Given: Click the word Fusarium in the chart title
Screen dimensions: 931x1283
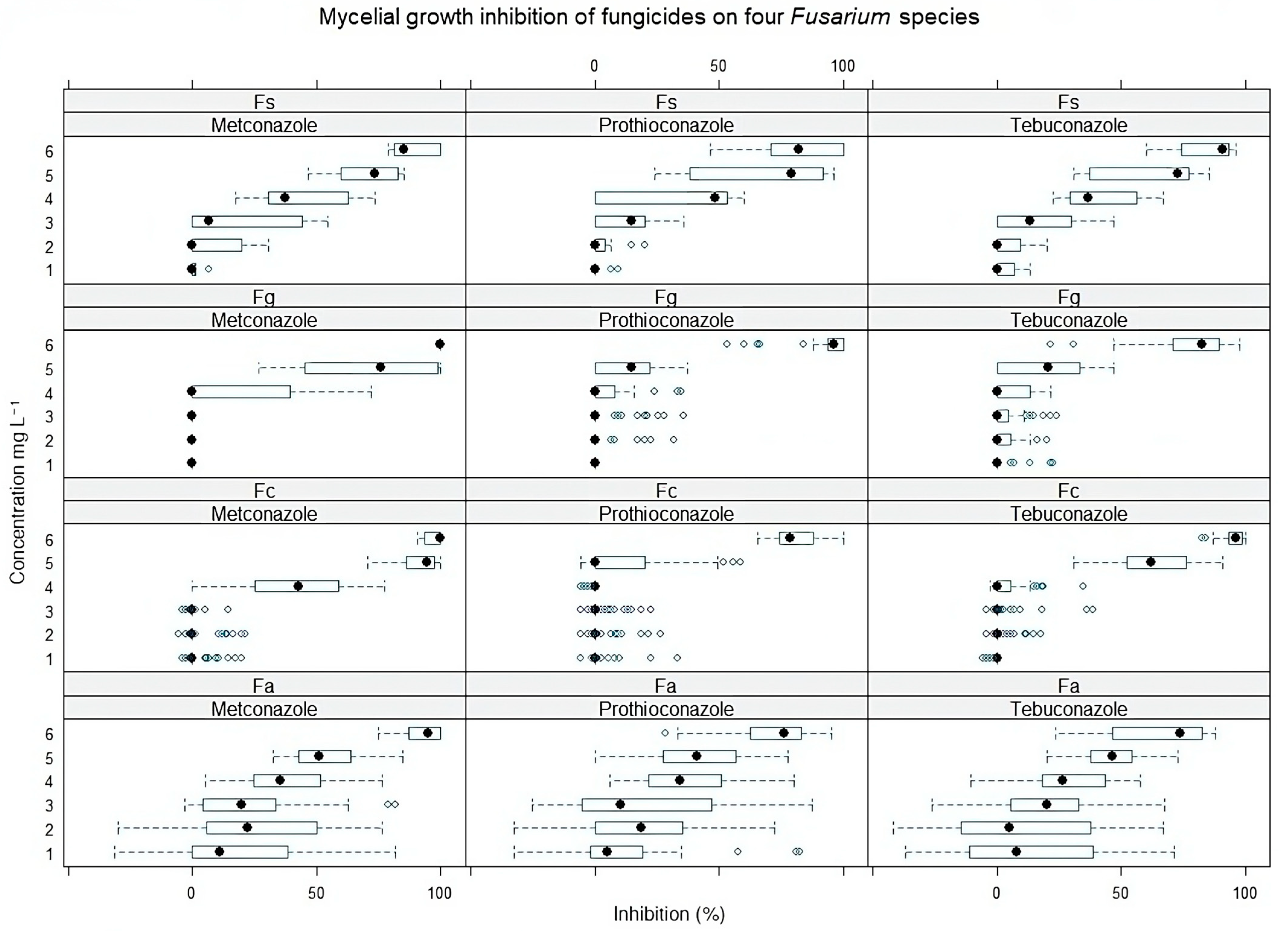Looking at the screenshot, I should click(x=840, y=17).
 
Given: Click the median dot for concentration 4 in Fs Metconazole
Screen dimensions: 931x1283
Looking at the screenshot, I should click(x=285, y=197).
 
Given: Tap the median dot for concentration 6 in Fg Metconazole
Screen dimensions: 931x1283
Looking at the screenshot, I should click(x=439, y=344).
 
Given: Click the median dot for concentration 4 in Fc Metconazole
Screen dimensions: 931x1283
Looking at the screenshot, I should click(x=298, y=586).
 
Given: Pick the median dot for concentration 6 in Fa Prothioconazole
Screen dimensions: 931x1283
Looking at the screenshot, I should click(x=784, y=733).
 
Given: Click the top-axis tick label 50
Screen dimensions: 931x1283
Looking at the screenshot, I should click(x=718, y=66).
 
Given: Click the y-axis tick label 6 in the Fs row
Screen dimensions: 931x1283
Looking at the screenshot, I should click(x=49, y=151).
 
